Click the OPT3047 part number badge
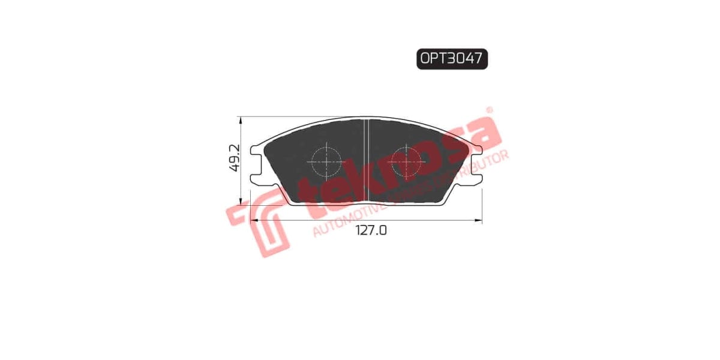click(452, 59)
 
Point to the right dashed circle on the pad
click(406, 160)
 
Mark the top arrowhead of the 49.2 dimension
click(241, 119)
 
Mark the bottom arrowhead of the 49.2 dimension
click(241, 202)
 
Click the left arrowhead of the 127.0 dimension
click(253, 221)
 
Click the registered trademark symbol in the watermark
click(489, 111)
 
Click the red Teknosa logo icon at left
click(258, 222)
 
